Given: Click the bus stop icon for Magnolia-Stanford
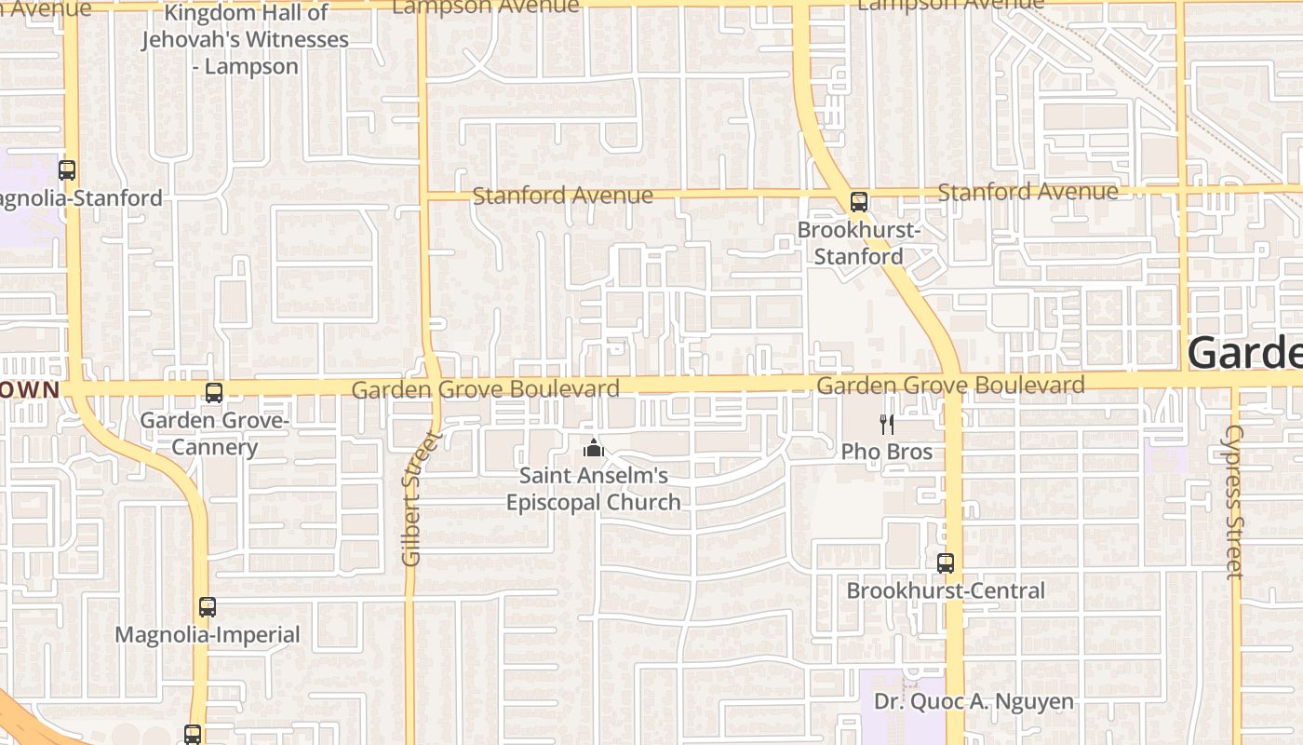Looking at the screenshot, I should [67, 170].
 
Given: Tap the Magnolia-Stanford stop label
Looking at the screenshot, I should [82, 198].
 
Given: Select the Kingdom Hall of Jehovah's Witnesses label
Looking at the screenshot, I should [246, 39].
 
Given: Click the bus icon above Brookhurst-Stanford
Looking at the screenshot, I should [859, 201].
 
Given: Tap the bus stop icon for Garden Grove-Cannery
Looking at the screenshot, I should [214, 393].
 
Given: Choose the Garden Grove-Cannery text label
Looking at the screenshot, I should [214, 434].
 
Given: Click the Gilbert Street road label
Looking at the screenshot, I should [412, 499].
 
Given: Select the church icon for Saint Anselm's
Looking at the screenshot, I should [594, 449].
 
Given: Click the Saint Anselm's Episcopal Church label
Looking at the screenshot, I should [594, 489].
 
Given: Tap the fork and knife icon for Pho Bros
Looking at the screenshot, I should [887, 425].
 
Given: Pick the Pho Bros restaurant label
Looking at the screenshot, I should [887, 453].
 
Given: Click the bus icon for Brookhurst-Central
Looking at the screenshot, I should [946, 563].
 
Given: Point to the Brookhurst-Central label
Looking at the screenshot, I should [946, 590].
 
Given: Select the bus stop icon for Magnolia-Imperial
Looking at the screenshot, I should [208, 608].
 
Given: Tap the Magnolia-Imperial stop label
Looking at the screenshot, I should [208, 635].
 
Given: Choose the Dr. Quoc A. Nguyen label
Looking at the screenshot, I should [974, 701].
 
